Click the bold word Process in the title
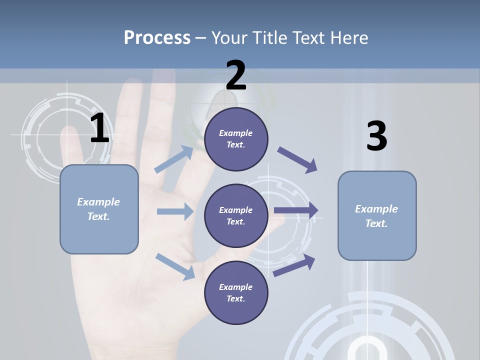click(157, 37)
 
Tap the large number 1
click(99, 128)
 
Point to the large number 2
click(236, 75)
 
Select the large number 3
click(376, 136)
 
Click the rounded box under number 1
click(99, 209)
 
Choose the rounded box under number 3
click(377, 215)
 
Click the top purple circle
click(236, 139)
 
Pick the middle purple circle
click(236, 215)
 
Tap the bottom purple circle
click(236, 292)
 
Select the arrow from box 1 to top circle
click(174, 159)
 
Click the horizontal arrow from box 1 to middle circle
click(175, 211)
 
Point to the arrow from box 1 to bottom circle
click(175, 266)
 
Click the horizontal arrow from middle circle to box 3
click(296, 210)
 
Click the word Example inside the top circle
click(235, 133)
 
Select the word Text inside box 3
click(376, 223)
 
